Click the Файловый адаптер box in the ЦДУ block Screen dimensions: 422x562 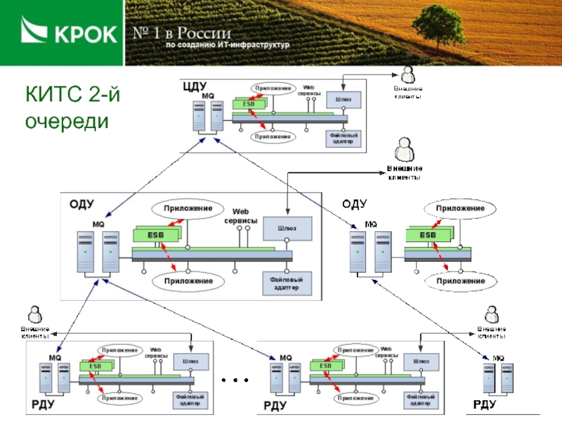tap(344, 138)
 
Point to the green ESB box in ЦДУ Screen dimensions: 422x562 tap(249, 104)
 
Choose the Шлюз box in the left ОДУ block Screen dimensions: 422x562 tap(287, 228)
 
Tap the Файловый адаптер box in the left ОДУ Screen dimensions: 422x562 tap(287, 283)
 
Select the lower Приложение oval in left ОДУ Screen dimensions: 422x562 tap(188, 281)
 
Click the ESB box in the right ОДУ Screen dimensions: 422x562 tap(427, 235)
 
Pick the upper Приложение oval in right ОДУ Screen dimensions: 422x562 tap(460, 209)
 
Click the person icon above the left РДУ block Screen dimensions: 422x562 tap(34, 314)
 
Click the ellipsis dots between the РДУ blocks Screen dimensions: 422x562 tap(235, 381)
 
